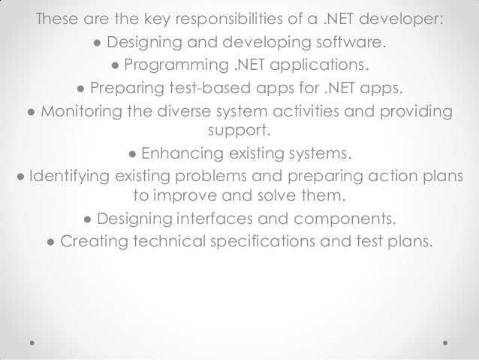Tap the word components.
[x=341, y=220]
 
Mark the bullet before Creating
[x=50, y=243]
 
